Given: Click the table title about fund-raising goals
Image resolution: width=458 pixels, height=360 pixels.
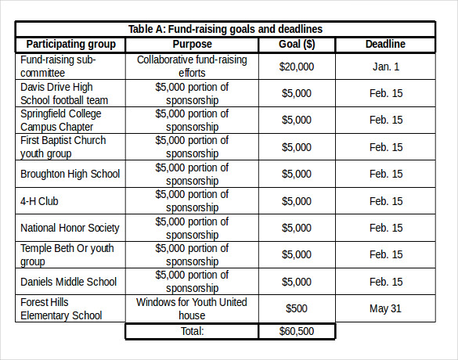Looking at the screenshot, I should (x=225, y=29).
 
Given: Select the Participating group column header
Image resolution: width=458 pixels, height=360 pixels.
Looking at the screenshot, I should (x=70, y=44).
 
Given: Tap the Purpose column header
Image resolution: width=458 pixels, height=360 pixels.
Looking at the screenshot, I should (x=192, y=44).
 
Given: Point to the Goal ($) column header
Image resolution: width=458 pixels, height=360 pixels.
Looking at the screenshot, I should (x=297, y=44).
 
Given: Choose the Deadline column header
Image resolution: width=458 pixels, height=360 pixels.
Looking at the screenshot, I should (x=385, y=44).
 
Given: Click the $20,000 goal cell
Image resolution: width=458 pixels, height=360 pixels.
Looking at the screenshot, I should (x=297, y=67).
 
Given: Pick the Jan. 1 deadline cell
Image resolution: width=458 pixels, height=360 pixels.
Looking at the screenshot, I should (x=385, y=67).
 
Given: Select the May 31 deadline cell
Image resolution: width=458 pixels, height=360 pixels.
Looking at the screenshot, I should (x=385, y=308).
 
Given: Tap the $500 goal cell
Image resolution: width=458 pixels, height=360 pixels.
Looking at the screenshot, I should (x=297, y=308).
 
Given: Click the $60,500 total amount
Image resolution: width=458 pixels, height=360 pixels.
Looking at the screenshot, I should (x=297, y=331).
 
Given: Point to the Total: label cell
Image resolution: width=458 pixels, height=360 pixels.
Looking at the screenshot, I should (x=192, y=331).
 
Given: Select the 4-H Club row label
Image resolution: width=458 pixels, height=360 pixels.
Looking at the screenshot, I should (x=40, y=201).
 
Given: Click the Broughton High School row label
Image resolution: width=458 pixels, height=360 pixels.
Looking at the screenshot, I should (x=70, y=174).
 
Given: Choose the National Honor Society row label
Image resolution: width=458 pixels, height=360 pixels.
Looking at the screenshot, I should (x=70, y=228).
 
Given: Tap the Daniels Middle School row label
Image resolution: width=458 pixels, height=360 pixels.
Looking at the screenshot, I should (x=68, y=282).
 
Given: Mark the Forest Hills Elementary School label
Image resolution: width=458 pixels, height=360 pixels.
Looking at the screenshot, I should (x=61, y=308).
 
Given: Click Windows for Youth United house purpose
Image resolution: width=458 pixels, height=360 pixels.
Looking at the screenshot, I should (x=192, y=308).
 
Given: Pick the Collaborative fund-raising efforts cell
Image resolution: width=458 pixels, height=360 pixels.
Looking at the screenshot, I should (x=192, y=67).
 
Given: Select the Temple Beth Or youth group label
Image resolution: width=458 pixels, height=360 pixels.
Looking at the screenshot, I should (x=67, y=255).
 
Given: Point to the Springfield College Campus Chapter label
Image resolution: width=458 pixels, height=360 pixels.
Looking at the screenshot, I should (x=61, y=120).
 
